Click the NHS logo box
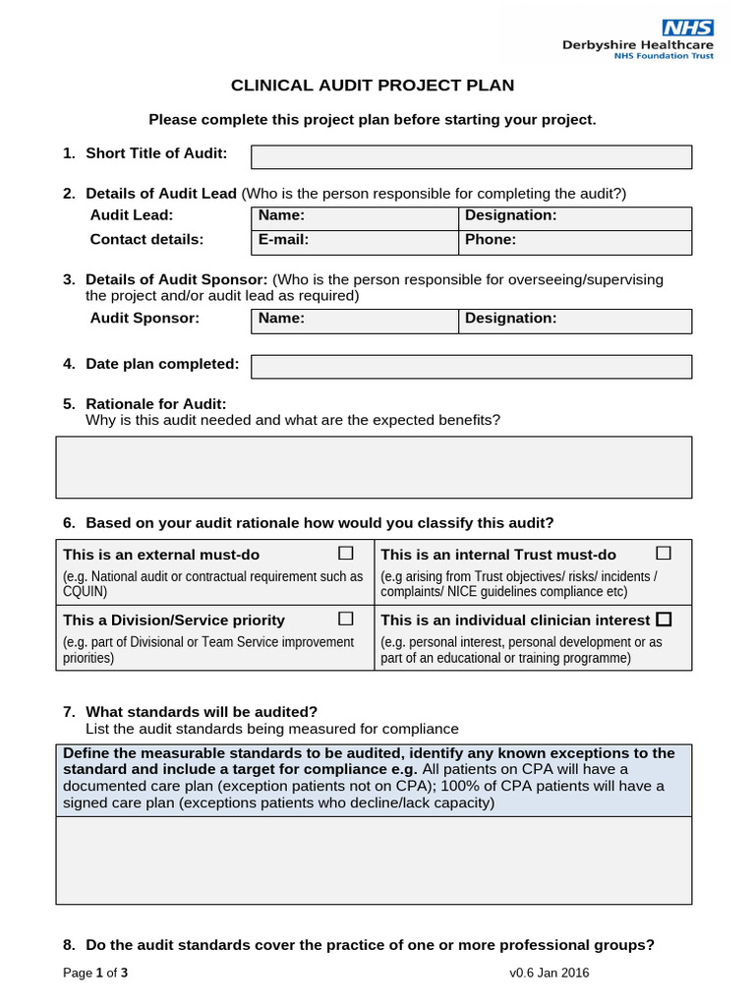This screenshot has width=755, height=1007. coord(687,28)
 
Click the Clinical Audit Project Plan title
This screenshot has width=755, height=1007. coord(373,86)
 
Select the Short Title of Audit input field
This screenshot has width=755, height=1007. coord(471,157)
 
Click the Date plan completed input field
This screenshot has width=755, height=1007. coord(471,367)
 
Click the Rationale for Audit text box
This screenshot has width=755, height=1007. coord(374,467)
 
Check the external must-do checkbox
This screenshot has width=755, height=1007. coord(346,553)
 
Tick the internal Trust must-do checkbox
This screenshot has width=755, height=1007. coord(664,553)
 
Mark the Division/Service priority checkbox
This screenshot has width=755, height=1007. coord(346,619)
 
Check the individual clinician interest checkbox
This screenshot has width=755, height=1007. coord(664,620)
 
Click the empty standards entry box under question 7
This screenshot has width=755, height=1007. coord(374,860)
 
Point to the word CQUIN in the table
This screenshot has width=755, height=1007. coord(86,592)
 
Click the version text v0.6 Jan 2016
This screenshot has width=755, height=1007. coord(550,974)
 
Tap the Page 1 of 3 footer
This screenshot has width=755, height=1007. coord(95,974)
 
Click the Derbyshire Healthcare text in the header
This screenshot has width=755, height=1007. coord(638,44)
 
